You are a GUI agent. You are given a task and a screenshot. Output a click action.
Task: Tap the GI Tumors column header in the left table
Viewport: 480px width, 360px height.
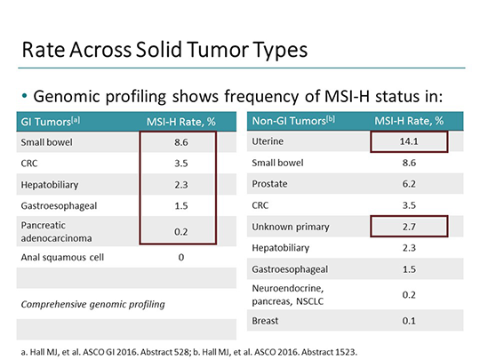coord(49,121)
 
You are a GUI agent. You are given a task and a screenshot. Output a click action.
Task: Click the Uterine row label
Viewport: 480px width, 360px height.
coord(269,141)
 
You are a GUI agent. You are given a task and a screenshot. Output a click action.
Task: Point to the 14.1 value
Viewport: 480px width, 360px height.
coord(410,141)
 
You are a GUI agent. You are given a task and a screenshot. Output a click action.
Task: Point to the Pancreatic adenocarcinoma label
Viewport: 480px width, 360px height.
coord(53,232)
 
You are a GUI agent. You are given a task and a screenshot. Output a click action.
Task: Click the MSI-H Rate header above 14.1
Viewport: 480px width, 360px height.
coord(410,121)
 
